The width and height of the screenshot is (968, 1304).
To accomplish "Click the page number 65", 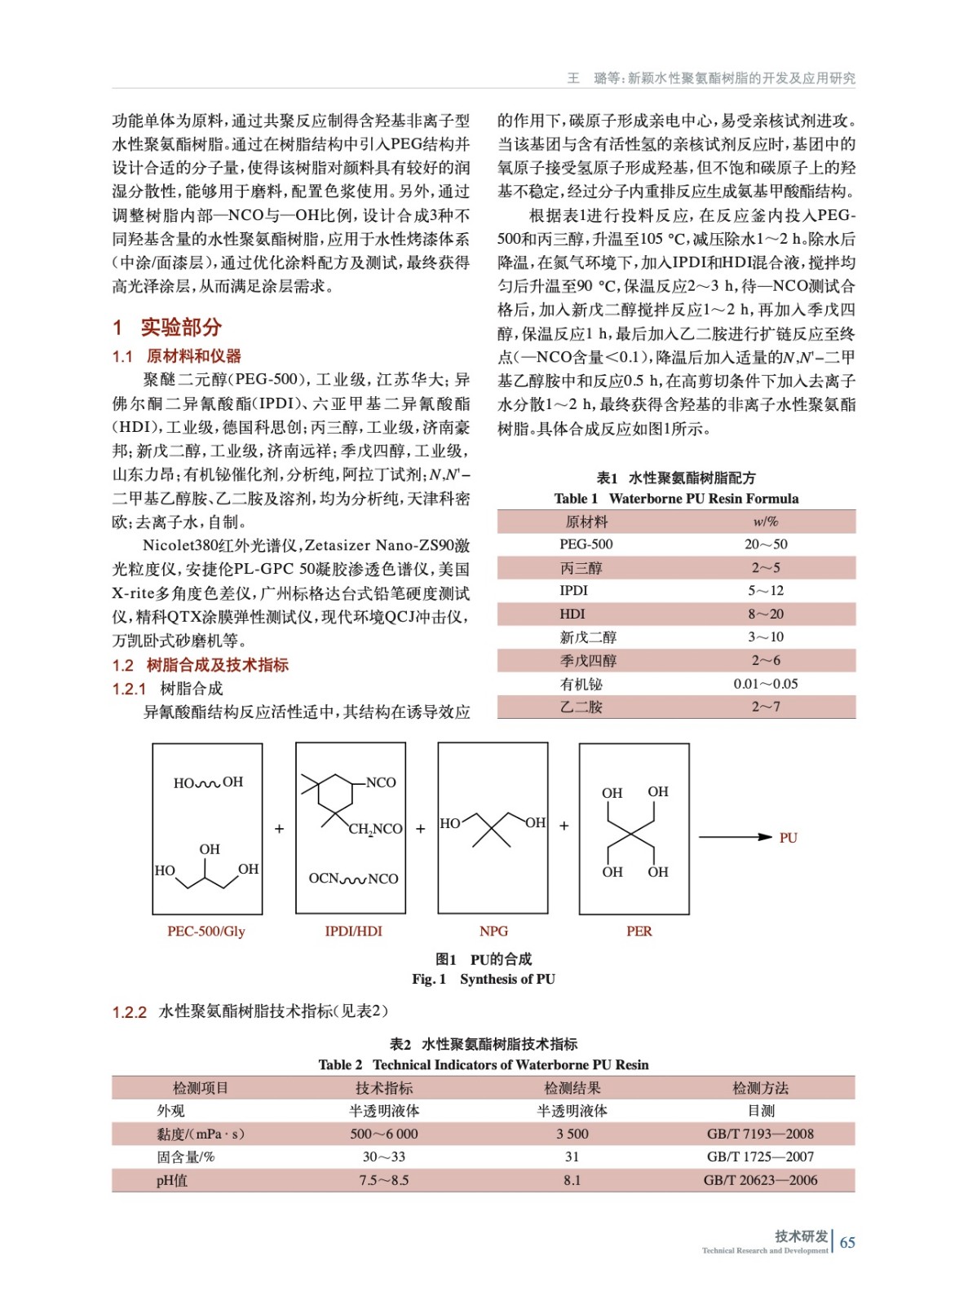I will click(847, 1242).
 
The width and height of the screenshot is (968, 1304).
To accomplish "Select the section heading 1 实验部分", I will click(167, 328).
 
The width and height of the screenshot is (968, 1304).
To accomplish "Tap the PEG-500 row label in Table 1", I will click(586, 544).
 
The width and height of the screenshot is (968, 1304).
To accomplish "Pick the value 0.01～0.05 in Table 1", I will click(765, 684).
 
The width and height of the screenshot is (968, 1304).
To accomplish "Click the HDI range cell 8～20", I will click(765, 614).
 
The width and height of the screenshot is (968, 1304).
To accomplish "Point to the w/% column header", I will click(765, 522).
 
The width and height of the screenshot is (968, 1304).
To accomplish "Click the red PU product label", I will click(788, 838).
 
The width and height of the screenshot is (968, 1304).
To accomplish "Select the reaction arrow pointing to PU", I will click(735, 837).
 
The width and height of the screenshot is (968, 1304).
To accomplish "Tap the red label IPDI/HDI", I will click(353, 931).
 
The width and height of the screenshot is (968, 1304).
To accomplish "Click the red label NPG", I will click(493, 931).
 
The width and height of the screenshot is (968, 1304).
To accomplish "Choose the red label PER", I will click(639, 931).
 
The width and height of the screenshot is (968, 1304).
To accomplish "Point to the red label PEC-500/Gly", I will click(206, 931).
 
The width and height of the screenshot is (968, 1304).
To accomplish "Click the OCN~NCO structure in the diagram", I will click(353, 879).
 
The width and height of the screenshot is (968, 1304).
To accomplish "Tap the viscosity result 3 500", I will click(572, 1134).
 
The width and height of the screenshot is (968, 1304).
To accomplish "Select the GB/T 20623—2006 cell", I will click(760, 1180).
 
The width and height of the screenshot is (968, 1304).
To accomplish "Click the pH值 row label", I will click(172, 1180).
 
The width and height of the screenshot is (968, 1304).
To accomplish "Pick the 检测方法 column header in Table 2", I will click(760, 1088).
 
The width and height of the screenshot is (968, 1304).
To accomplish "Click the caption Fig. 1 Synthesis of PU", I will click(483, 979).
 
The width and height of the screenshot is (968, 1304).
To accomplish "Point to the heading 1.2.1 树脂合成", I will click(167, 689).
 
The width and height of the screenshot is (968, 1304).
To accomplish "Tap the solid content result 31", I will click(572, 1156).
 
